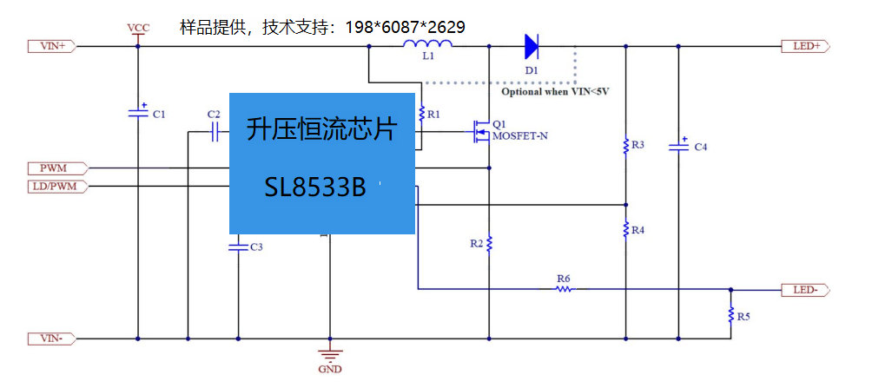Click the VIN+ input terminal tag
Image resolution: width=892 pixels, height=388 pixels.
point(52,47)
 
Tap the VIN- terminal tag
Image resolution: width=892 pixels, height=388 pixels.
point(52,339)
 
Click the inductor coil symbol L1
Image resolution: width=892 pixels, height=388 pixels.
point(428,44)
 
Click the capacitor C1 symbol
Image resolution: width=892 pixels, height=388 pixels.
point(138,111)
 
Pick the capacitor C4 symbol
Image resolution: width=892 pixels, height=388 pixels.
point(678,145)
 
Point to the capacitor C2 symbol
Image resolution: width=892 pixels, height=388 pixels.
point(215,133)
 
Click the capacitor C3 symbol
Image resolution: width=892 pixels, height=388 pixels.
point(238,247)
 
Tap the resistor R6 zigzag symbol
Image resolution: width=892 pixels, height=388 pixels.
point(564,289)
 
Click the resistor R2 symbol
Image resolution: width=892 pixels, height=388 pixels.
point(489,244)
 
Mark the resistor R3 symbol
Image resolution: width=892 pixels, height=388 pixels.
point(625,145)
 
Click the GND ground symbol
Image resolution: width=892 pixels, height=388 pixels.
point(329,354)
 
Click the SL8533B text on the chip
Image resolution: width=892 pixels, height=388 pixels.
point(315,187)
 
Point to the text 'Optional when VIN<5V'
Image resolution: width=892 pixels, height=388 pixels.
point(555,91)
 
